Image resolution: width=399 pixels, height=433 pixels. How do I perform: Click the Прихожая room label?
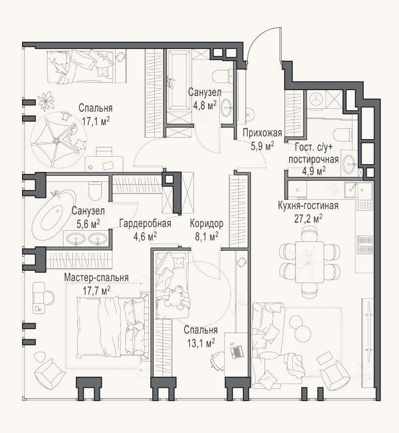click(262, 133)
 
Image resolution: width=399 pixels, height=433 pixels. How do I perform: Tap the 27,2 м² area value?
click(308, 219)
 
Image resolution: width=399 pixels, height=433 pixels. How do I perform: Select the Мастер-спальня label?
click(96, 278)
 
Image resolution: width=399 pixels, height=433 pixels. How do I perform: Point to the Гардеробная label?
click(145, 223)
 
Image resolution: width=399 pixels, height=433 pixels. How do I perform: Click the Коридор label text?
click(207, 223)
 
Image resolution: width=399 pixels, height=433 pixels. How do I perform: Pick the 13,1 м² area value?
click(201, 343)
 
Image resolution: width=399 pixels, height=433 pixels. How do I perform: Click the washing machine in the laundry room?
click(316, 99)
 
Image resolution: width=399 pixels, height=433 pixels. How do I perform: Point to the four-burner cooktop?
click(365, 245)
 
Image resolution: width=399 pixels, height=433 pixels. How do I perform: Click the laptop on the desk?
click(236, 351)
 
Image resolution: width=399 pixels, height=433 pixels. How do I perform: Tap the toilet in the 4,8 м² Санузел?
click(224, 76)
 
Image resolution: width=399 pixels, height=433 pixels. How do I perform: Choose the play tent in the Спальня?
click(58, 140)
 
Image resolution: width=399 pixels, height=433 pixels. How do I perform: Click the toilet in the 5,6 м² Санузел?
click(95, 190)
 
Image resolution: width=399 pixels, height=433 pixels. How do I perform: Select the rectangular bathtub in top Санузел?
click(178, 81)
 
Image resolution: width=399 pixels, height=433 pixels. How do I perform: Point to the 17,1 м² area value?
click(96, 120)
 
